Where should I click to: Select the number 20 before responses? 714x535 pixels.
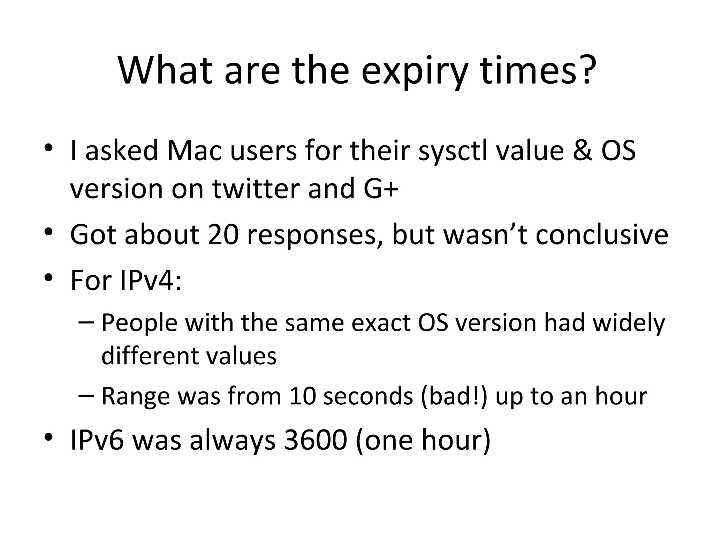coord(223,234)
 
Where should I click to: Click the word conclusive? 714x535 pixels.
coord(602,234)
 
